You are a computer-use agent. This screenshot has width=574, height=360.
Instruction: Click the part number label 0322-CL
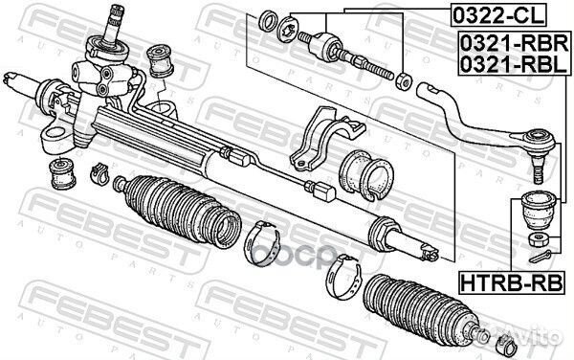coord(498,15)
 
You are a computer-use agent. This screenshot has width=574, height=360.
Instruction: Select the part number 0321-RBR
coord(515,43)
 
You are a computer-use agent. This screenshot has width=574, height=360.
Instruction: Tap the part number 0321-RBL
coord(514,64)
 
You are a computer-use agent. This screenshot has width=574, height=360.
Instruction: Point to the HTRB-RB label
coord(511,283)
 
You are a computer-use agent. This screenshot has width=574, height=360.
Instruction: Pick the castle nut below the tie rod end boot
coord(539,239)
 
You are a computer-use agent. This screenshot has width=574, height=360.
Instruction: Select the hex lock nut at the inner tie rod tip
coord(404,81)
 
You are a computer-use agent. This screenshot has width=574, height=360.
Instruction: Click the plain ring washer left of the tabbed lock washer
coord(268,21)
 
